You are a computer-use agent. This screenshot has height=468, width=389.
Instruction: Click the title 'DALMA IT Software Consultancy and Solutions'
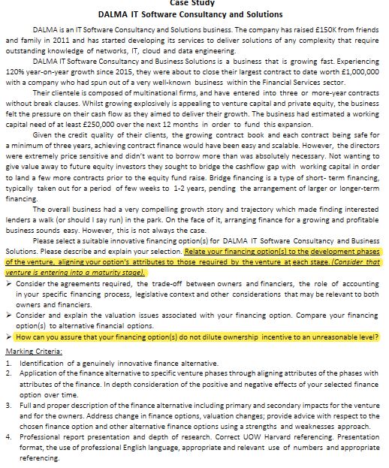[x=190, y=14]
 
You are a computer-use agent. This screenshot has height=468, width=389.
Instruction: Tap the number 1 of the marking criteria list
[x=8, y=362]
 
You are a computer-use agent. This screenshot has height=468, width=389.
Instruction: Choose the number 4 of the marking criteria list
[x=8, y=436]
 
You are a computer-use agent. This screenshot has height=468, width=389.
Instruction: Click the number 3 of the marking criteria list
[x=8, y=404]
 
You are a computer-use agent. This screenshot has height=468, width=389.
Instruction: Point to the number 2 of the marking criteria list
[x=8, y=373]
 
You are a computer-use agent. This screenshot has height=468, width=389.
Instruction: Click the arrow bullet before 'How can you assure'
[x=9, y=337]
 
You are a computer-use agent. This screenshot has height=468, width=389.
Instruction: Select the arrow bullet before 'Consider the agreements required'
[x=9, y=285]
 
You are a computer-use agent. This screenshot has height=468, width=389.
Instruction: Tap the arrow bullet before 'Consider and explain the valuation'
[x=9, y=316]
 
